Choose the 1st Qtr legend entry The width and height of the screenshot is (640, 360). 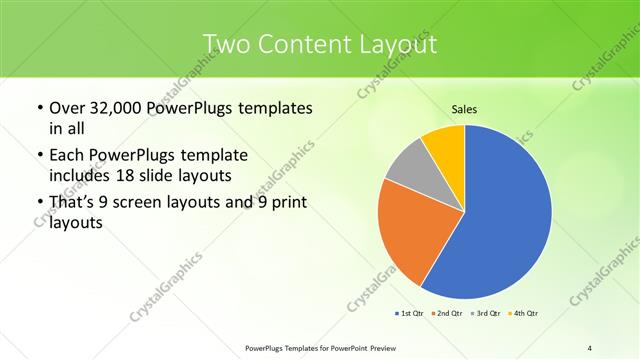(411, 314)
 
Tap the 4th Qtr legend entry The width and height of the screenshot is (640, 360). (525, 314)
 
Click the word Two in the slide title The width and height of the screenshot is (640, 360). (224, 45)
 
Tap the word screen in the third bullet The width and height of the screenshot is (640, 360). (136, 203)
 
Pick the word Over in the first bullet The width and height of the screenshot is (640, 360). (68, 108)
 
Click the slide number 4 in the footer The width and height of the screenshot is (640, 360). (589, 347)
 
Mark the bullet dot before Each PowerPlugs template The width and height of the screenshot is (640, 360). (38, 156)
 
